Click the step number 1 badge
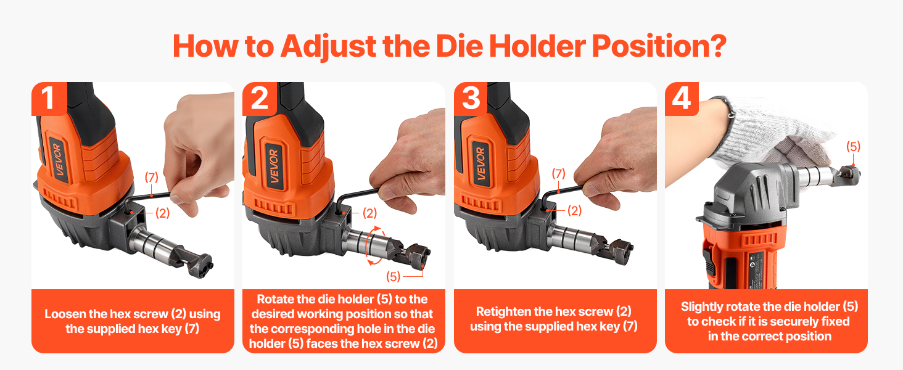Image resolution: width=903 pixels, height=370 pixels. coord(49,99)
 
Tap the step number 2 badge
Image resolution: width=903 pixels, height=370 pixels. coord(260,99)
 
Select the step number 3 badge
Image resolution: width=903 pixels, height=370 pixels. coord(471,99)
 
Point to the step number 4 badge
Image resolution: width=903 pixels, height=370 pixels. coord(682,99)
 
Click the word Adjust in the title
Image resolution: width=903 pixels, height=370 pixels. coord(328,47)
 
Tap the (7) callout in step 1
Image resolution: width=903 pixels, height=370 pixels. coord(152,178)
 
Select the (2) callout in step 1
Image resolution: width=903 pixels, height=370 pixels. coord(162,213)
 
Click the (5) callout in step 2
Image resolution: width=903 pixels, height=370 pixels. coord(393,276)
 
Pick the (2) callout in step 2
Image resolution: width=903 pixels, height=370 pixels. coord(369,213)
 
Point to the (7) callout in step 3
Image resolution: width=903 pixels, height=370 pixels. coord(558,174)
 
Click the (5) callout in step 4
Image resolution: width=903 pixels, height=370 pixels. coord(854,146)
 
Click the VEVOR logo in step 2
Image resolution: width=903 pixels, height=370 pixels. coord(274,166)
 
